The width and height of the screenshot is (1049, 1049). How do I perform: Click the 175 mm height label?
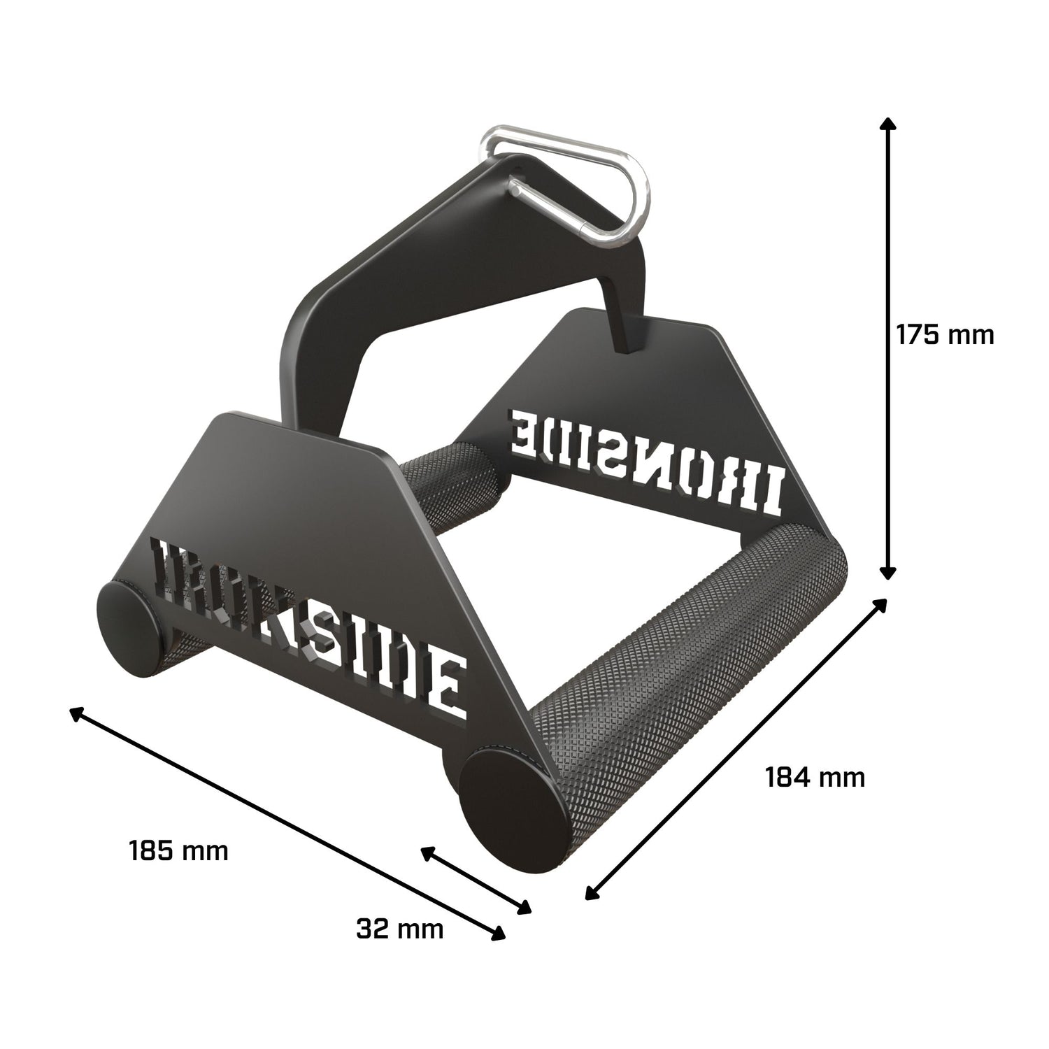(944, 334)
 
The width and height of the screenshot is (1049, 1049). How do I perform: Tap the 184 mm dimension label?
(815, 777)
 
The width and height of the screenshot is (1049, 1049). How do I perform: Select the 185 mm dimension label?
(178, 851)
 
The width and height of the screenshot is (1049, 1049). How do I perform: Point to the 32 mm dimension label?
(399, 929)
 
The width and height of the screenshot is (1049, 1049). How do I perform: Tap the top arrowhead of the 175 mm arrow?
(887, 126)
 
